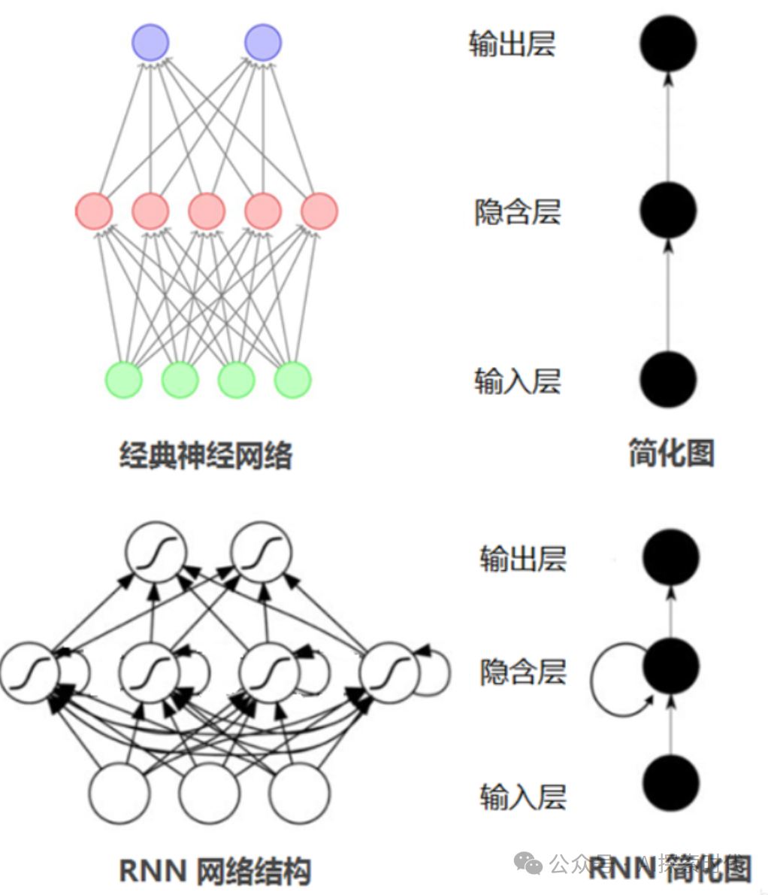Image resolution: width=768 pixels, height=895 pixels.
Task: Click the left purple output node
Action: point(150,42)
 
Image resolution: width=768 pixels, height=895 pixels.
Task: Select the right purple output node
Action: point(263,42)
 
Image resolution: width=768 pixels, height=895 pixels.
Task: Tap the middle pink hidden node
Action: point(207,211)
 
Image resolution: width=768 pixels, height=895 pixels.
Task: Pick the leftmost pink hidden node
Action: point(94,211)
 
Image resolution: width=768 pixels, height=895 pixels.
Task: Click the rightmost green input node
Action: point(292,380)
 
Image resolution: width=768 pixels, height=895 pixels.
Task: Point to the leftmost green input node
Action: point(124,380)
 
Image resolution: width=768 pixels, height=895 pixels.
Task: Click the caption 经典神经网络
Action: point(206,455)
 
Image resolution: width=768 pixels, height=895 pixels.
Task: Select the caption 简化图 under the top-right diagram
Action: point(671,454)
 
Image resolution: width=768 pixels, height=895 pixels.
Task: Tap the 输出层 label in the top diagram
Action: point(512,44)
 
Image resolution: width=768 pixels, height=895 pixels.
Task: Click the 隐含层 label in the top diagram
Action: point(517,212)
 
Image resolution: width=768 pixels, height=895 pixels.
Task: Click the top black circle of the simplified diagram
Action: point(669,44)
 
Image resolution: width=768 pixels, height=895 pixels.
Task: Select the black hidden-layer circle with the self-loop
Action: point(671,666)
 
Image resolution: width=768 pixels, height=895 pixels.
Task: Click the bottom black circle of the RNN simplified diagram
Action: point(671,783)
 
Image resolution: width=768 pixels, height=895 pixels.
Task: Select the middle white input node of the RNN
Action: point(209,793)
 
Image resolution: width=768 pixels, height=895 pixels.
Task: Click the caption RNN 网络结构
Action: point(215,871)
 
